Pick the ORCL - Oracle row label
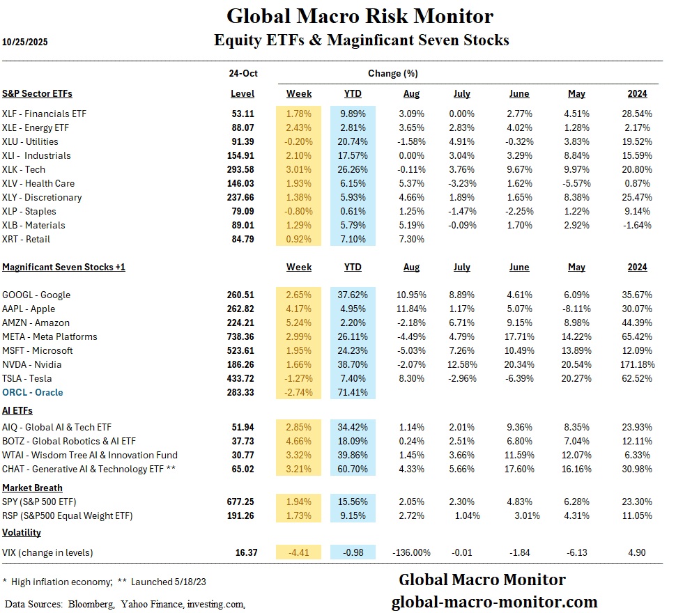tap(33, 392)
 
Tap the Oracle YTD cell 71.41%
tap(354, 392)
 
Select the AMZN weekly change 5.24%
tap(299, 323)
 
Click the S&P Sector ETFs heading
tap(37, 93)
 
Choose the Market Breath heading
tap(32, 488)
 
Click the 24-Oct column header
tap(242, 73)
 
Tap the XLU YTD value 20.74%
tap(354, 141)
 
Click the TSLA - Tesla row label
tap(31, 378)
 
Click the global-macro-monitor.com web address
tap(494, 602)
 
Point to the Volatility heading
tap(22, 532)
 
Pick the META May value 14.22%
tap(575, 336)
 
